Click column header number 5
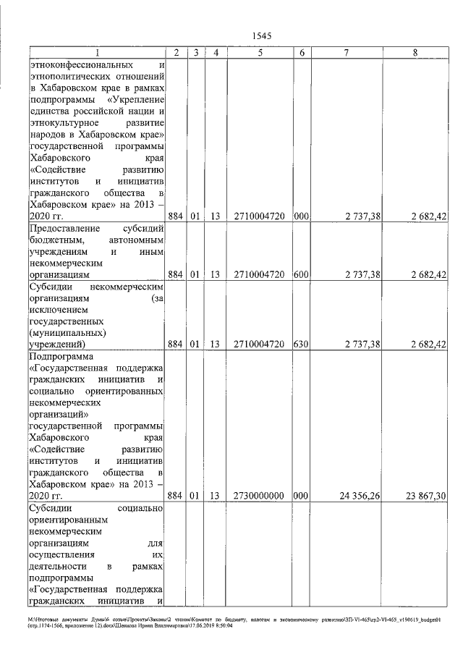[259, 53]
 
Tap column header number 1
[97, 53]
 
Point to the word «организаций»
[57, 415]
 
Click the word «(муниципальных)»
[67, 332]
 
